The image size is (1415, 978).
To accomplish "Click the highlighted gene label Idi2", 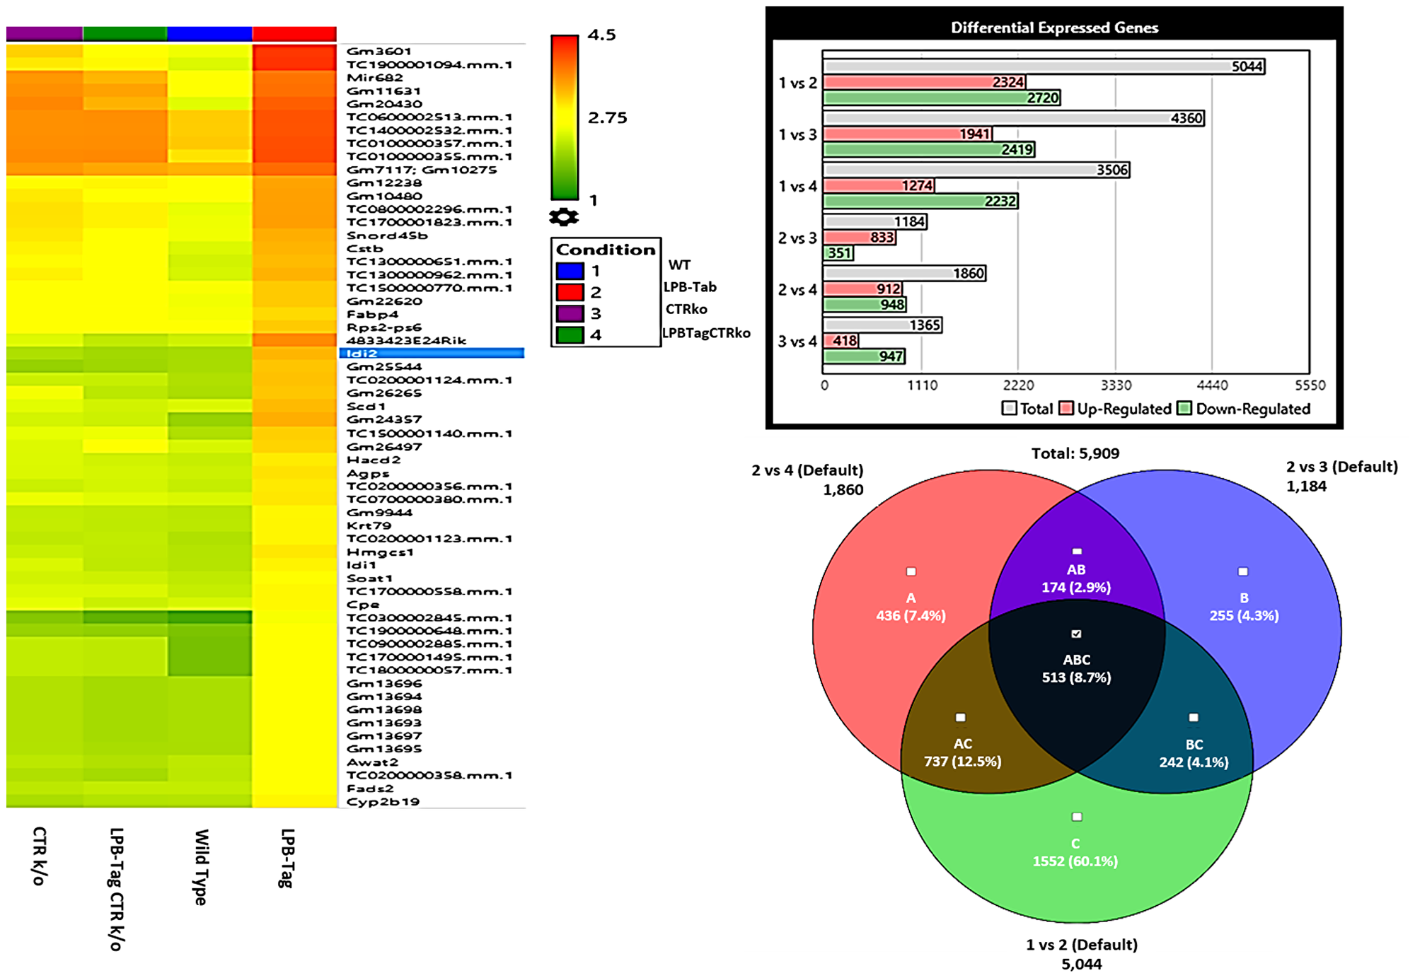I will point(362,353).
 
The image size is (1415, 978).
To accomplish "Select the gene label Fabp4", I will point(372,315).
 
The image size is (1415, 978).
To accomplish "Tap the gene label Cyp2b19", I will point(383,802).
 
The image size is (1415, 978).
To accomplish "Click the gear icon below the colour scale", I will point(564,217).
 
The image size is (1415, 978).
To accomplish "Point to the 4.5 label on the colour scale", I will point(601,35).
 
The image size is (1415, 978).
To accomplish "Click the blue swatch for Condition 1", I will point(570,271).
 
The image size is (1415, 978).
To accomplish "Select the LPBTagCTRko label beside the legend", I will point(706,333).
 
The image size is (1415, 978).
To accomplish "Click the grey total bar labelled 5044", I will point(1043,66).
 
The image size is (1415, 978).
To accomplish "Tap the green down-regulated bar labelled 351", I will point(838,253).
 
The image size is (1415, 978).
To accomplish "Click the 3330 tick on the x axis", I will point(1116,385).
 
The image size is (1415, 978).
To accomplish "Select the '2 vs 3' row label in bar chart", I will point(797,238).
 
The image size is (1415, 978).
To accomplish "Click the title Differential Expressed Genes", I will point(1054,28).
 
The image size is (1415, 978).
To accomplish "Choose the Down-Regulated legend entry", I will point(1244,409).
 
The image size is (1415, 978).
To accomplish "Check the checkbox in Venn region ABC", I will point(1076,634).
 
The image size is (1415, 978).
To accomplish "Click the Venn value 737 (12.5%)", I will point(962,762).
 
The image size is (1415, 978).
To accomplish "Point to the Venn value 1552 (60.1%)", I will point(1075,861).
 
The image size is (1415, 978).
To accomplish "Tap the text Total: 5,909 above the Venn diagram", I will point(1075,453).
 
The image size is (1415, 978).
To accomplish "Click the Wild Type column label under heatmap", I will point(202,866).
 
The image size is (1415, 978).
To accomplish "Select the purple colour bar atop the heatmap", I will point(45,34).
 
